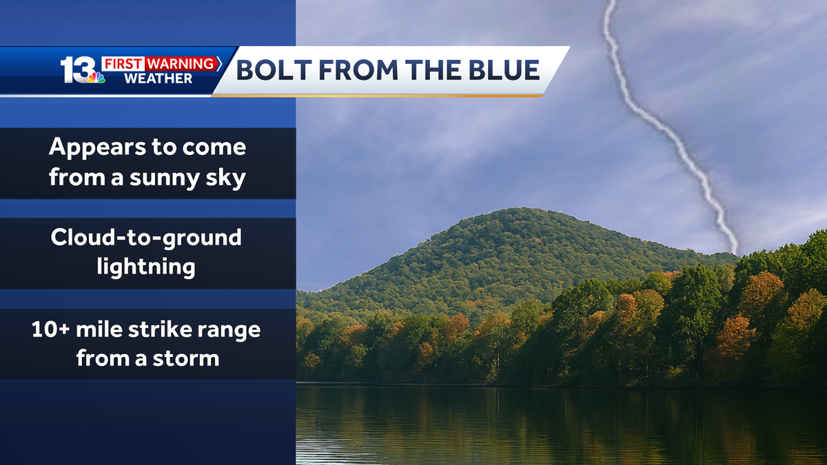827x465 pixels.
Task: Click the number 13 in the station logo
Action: pyautogui.click(x=77, y=70)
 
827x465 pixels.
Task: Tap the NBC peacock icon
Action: pyautogui.click(x=96, y=77)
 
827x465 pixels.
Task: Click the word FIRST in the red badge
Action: pyautogui.click(x=123, y=64)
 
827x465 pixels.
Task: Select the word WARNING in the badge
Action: pyautogui.click(x=181, y=64)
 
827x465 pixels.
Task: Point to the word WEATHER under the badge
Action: pyautogui.click(x=158, y=79)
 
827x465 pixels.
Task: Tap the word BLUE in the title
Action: pyautogui.click(x=504, y=70)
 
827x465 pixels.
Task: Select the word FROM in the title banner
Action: pyautogui.click(x=358, y=70)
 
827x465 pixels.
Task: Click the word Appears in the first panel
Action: pyautogui.click(x=97, y=147)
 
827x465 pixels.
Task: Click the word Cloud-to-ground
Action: pyautogui.click(x=146, y=237)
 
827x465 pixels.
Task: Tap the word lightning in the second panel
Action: pyautogui.click(x=146, y=267)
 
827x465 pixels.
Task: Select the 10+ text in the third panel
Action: pyautogui.click(x=50, y=329)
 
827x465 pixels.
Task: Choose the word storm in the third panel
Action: pyautogui.click(x=185, y=359)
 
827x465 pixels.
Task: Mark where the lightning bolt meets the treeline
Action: pyautogui.click(x=735, y=254)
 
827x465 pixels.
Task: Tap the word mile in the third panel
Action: pyautogui.click(x=99, y=329)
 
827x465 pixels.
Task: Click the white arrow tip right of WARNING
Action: pyautogui.click(x=219, y=63)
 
